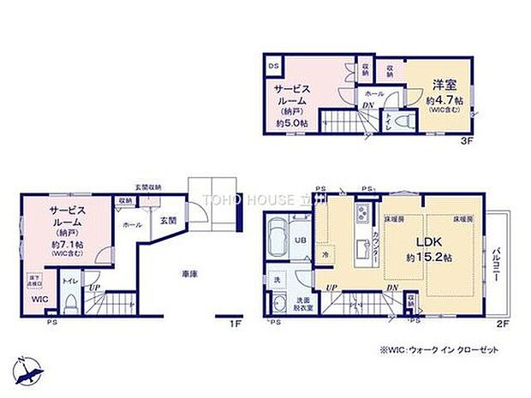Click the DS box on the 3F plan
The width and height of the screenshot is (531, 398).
[274, 66]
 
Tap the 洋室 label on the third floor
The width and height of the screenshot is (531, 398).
[444, 86]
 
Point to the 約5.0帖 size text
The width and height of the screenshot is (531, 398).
[292, 124]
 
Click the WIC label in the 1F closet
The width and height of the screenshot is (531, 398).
[39, 300]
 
